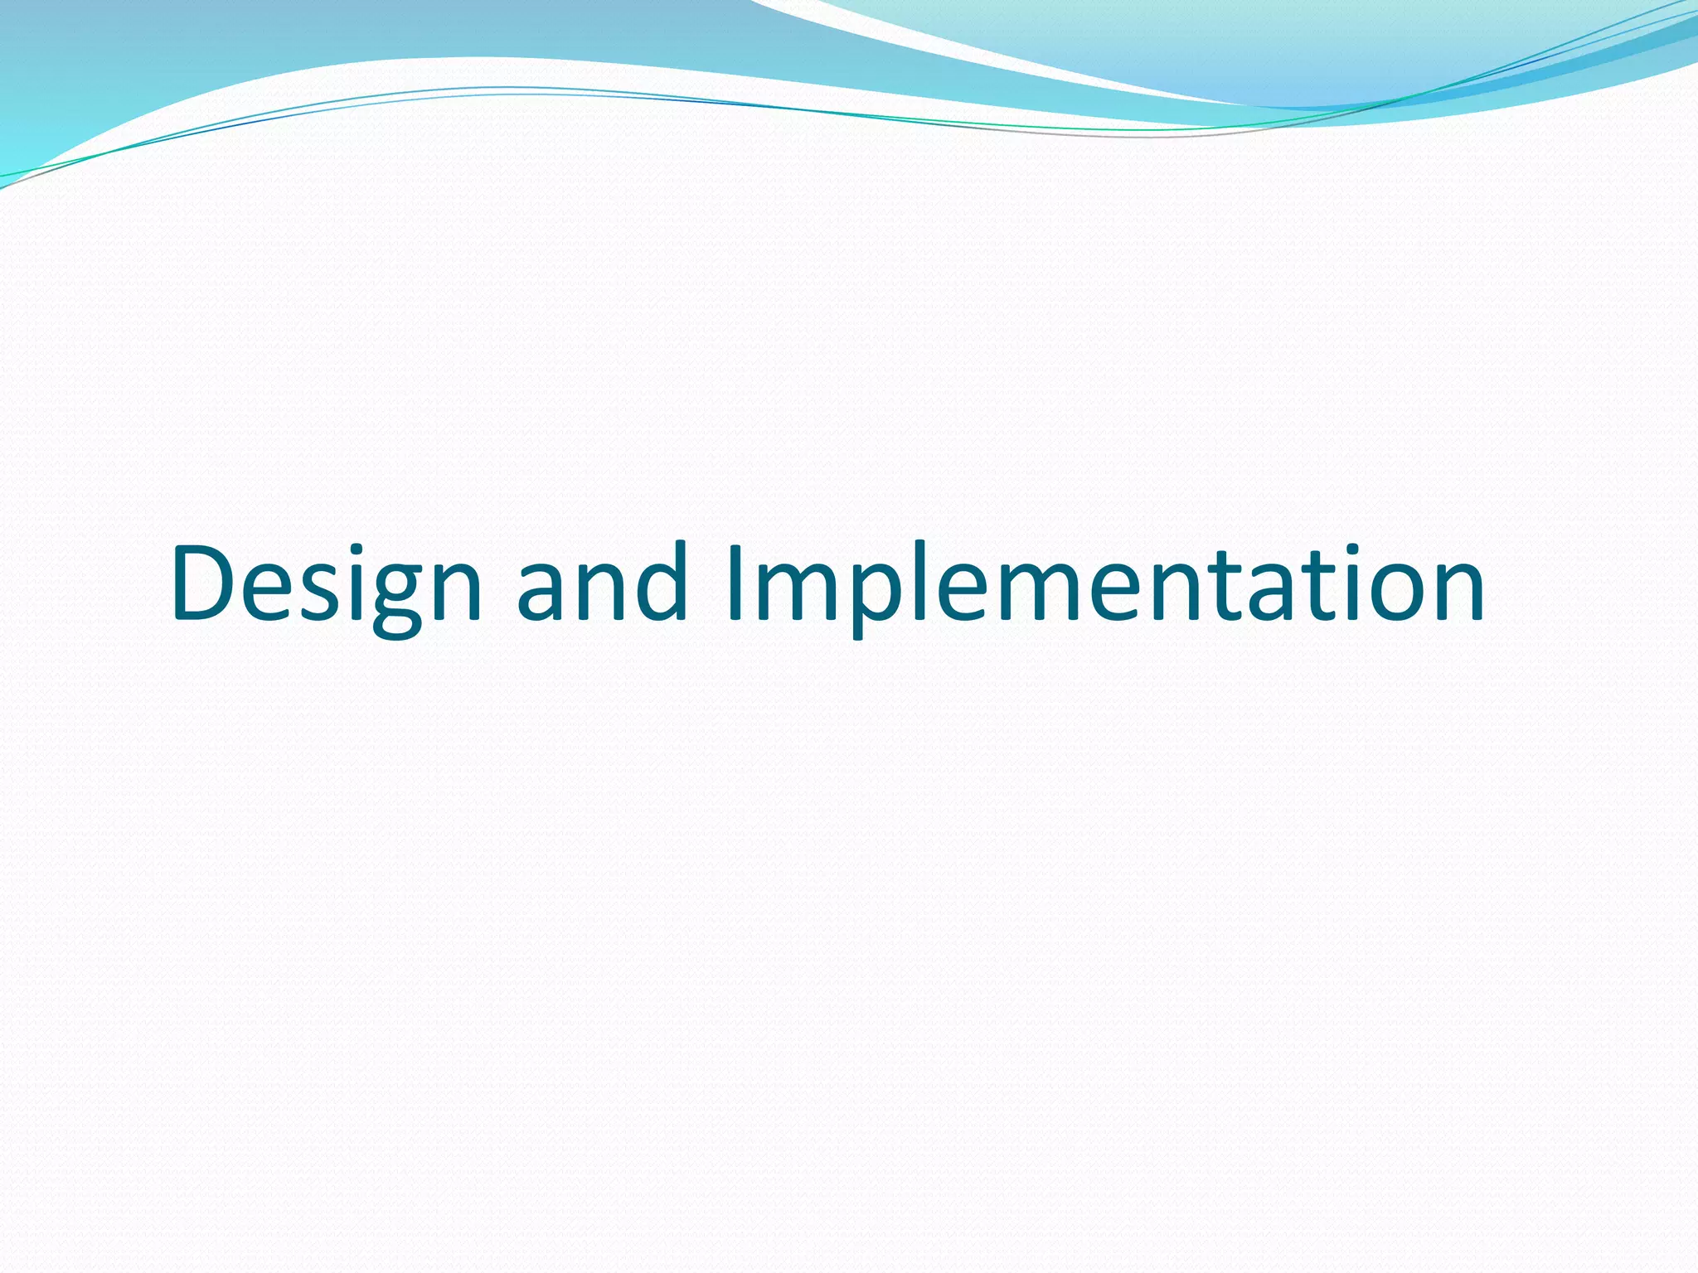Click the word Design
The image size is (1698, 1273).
[326, 584]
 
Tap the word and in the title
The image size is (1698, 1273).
[603, 584]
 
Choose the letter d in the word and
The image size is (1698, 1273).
[660, 583]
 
